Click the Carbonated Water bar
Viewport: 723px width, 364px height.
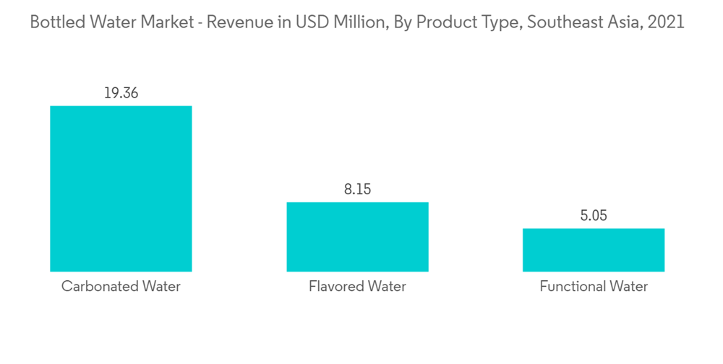tap(121, 188)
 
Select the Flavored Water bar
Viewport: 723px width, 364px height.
tap(357, 237)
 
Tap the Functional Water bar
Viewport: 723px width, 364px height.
tap(594, 250)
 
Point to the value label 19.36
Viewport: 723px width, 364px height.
tap(121, 93)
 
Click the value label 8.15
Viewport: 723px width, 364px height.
tap(357, 190)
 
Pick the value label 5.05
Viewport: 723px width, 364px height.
tap(594, 216)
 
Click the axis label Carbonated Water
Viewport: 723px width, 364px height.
tap(121, 287)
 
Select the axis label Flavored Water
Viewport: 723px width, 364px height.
tap(357, 287)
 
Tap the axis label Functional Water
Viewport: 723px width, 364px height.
tap(594, 287)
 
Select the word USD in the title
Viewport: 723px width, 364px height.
tap(311, 22)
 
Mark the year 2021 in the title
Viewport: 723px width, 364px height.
tap(667, 22)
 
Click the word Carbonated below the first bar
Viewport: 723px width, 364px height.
tap(98, 287)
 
